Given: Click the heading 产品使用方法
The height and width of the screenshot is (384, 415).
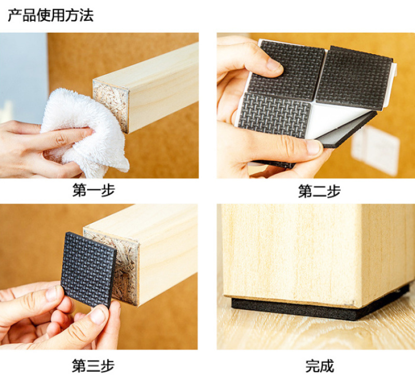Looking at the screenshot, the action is click(x=50, y=15).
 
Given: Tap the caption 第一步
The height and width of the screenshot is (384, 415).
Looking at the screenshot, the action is click(x=94, y=190).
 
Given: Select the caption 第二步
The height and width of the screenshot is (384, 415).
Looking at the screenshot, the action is click(x=319, y=191).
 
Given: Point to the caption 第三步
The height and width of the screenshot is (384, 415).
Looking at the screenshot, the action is click(x=93, y=366).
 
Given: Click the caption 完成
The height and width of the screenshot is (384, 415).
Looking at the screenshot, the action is click(x=320, y=366).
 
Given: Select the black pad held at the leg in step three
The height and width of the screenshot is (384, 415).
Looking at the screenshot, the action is click(x=88, y=269).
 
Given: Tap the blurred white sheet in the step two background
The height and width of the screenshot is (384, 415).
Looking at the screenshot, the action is click(x=376, y=151).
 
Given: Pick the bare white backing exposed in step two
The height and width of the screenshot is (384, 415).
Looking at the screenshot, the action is click(x=336, y=120).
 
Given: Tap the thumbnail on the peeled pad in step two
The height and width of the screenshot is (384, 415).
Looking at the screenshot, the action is click(x=314, y=147).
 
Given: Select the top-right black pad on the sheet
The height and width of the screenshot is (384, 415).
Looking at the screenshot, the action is click(x=355, y=78).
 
